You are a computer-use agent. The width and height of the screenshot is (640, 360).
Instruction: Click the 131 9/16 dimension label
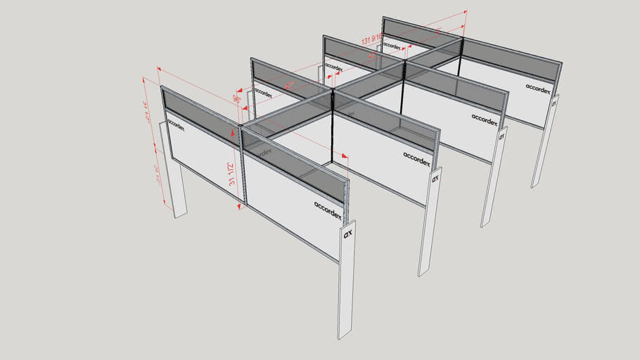point(373,40)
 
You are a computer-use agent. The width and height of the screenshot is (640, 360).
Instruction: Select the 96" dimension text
point(238,99)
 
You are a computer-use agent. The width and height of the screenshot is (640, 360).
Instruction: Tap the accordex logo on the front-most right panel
point(328,209)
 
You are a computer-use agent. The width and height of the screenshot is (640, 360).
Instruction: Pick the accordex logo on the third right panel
point(485,119)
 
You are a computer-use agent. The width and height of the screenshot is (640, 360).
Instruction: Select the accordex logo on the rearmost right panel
point(540,89)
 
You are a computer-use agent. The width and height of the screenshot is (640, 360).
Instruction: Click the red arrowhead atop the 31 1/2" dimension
point(233,131)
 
